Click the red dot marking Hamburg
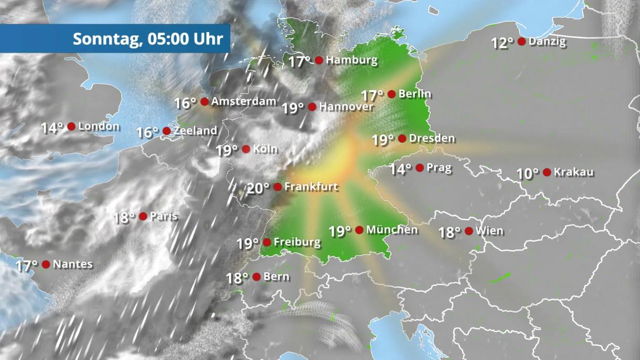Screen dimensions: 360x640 click(x=319, y=60)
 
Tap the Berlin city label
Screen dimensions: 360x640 click(x=415, y=94)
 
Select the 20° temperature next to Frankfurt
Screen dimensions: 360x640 click(x=258, y=188)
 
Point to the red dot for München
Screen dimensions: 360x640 click(x=359, y=230)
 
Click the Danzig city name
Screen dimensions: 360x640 click(x=548, y=41)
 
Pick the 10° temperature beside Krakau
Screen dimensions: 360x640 click(x=528, y=174)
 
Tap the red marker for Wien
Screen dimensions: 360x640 click(x=469, y=231)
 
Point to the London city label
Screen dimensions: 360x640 click(x=99, y=126)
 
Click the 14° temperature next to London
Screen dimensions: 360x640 click(x=52, y=128)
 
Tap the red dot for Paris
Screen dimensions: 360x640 click(x=143, y=216)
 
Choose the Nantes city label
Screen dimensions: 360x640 click(x=73, y=264)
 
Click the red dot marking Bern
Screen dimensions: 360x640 click(x=257, y=277)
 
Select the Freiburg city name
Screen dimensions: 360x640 click(x=297, y=242)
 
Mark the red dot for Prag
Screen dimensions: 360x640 click(x=420, y=168)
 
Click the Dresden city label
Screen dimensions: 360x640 click(x=432, y=139)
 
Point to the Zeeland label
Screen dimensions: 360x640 click(x=195, y=131)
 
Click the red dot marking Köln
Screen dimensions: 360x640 click(x=246, y=149)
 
